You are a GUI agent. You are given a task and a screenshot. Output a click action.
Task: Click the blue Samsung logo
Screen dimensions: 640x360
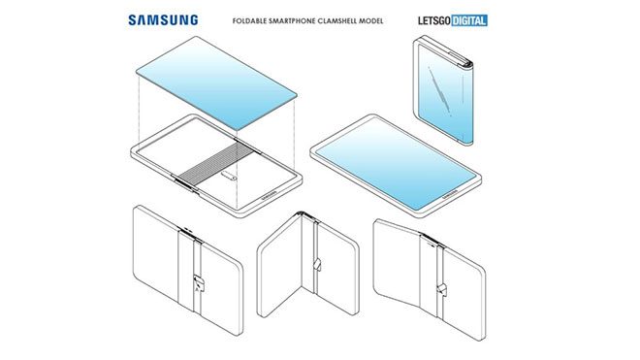click(163, 20)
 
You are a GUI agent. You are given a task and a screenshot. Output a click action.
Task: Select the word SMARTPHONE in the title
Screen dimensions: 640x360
click(292, 20)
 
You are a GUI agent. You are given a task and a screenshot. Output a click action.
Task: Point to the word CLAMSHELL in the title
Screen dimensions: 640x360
click(336, 20)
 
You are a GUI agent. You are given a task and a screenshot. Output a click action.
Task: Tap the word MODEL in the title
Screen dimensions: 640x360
click(371, 20)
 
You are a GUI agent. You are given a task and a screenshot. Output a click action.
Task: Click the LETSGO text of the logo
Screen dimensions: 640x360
click(434, 20)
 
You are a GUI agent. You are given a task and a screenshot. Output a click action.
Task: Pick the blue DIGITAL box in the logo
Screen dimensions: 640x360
click(469, 20)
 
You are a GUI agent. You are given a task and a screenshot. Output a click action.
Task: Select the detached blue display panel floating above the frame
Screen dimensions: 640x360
click(216, 82)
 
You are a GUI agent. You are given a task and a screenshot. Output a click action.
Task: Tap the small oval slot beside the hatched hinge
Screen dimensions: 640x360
click(229, 177)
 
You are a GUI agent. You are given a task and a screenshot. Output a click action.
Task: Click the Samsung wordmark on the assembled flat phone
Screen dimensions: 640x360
click(449, 195)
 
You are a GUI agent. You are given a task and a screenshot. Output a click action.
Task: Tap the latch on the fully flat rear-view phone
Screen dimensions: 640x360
click(199, 282)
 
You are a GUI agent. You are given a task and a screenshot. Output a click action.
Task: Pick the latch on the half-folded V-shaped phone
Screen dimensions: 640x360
click(317, 264)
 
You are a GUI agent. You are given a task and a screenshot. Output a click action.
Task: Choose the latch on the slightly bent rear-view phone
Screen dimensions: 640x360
click(441, 289)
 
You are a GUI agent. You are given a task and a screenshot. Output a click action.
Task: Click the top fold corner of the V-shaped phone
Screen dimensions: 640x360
click(302, 213)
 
